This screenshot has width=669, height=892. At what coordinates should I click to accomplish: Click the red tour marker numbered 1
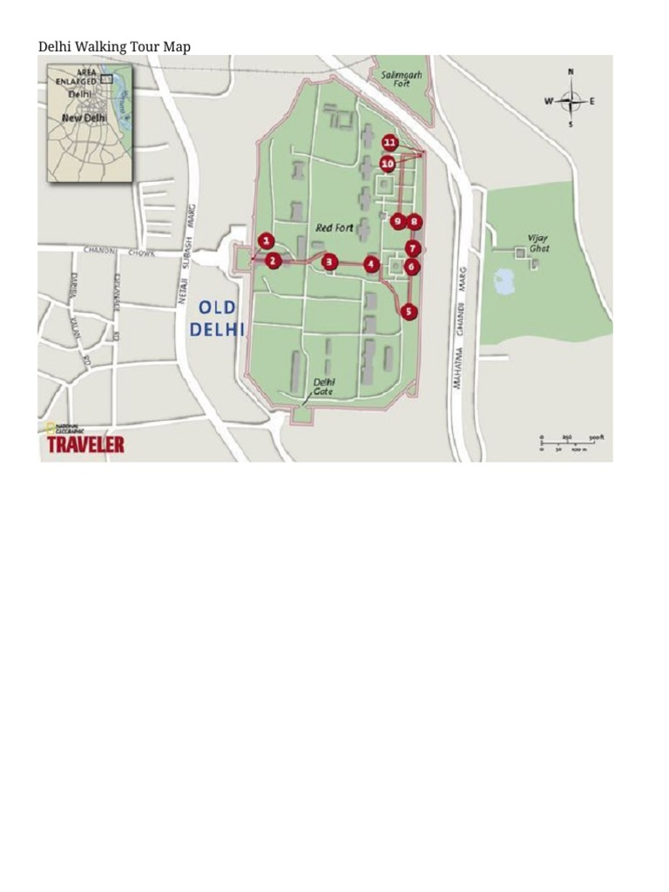pyautogui.click(x=267, y=241)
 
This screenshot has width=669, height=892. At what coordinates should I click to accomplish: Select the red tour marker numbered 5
pyautogui.click(x=409, y=311)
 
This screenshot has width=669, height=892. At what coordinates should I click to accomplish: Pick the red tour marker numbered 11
pyautogui.click(x=389, y=143)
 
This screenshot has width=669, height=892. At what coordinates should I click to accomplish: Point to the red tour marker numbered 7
pyautogui.click(x=413, y=248)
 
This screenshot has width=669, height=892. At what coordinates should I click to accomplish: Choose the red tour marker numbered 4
pyautogui.click(x=372, y=263)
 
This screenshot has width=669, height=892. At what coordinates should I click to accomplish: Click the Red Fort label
pyautogui.click(x=334, y=228)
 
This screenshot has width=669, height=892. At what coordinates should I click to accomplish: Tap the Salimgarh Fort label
pyautogui.click(x=401, y=79)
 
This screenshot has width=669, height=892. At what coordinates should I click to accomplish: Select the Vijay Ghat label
pyautogui.click(x=538, y=241)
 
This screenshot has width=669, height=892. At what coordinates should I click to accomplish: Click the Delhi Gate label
pyautogui.click(x=325, y=387)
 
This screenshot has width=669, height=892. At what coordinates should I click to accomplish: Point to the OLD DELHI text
pyautogui.click(x=217, y=318)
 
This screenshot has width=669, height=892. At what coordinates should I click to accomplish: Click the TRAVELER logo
pyautogui.click(x=85, y=444)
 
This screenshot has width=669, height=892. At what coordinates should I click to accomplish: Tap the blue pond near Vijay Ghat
pyautogui.click(x=504, y=280)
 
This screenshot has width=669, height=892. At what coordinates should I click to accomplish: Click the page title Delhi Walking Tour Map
pyautogui.click(x=114, y=46)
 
